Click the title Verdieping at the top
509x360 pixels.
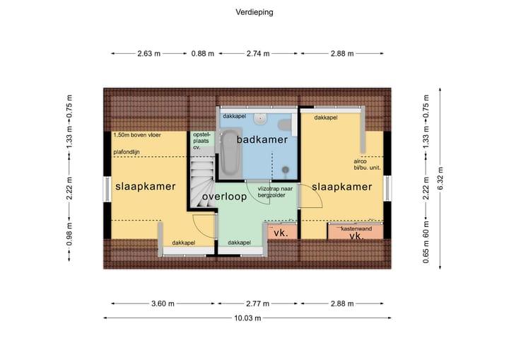(254, 12)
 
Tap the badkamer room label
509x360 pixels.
(262, 139)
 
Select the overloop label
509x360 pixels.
(224, 197)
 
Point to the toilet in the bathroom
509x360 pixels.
(285, 125)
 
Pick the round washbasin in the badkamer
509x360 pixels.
(261, 119)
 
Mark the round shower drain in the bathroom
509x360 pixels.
(286, 170)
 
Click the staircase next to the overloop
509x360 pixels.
(201, 182)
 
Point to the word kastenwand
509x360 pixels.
(356, 229)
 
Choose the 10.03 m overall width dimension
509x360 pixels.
(248, 319)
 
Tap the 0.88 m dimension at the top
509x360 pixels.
(203, 53)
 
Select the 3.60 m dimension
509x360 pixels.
(162, 303)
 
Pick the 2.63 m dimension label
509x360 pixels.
(148, 53)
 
